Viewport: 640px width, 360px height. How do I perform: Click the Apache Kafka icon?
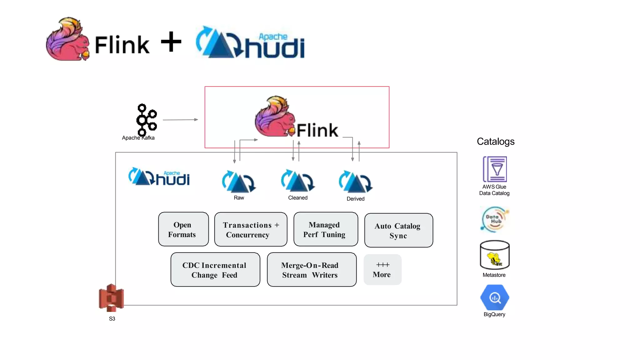pyautogui.click(x=146, y=120)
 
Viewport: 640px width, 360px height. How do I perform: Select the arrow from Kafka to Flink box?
pyautogui.click(x=180, y=120)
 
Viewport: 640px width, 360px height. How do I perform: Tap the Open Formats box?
pyautogui.click(x=183, y=229)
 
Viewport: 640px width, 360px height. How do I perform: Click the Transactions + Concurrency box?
pyautogui.click(x=251, y=230)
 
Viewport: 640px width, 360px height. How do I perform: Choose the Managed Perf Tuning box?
pyautogui.click(x=326, y=229)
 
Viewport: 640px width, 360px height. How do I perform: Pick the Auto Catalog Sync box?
pyautogui.click(x=398, y=231)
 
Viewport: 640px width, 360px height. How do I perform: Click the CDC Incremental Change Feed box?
pyautogui.click(x=215, y=270)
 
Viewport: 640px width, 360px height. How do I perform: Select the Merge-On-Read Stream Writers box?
pyautogui.click(x=312, y=270)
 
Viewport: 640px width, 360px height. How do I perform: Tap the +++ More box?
pyautogui.click(x=382, y=270)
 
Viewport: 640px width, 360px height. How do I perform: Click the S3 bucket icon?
pyautogui.click(x=111, y=298)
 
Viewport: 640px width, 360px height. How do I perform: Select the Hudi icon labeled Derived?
pyautogui.click(x=356, y=182)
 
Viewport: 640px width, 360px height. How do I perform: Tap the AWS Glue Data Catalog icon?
pyautogui.click(x=495, y=169)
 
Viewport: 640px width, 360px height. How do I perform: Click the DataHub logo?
pyautogui.click(x=495, y=219)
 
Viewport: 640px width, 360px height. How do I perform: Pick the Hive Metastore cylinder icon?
pyautogui.click(x=495, y=255)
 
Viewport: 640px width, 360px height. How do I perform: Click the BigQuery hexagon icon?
pyautogui.click(x=495, y=297)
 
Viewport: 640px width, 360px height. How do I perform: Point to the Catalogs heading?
pyautogui.click(x=496, y=142)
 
